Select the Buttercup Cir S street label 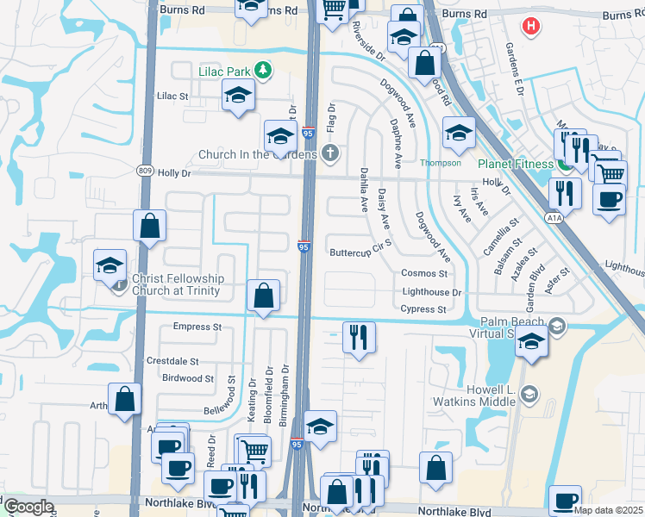(x=361, y=252)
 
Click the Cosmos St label (x=424, y=273)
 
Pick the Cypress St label (x=423, y=308)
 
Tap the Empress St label (x=197, y=327)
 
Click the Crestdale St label (x=172, y=361)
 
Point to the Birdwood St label (x=187, y=378)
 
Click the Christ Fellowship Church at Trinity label (x=178, y=284)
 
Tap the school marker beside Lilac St (x=237, y=95)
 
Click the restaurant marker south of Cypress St (x=358, y=336)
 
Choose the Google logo (x=28, y=507)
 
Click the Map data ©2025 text (x=607, y=510)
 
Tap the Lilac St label (x=172, y=96)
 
